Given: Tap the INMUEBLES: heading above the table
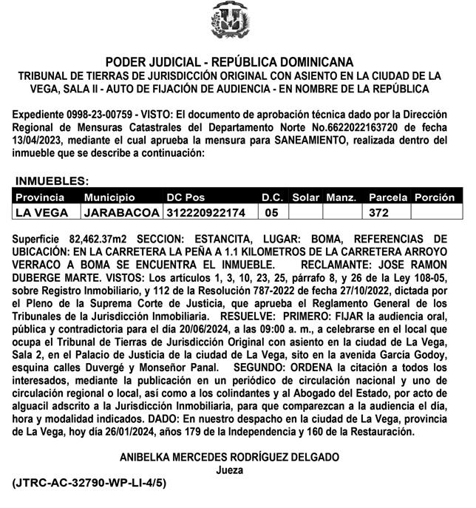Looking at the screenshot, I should pyautogui.click(x=52, y=180).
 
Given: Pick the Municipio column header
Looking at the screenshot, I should pyautogui.click(x=109, y=198).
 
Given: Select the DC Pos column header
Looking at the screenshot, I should pyautogui.click(x=185, y=198).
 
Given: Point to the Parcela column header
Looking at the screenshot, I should pyautogui.click(x=388, y=198).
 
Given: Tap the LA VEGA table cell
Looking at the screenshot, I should pyautogui.click(x=42, y=213).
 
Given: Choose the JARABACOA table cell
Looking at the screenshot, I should pyautogui.click(x=121, y=213).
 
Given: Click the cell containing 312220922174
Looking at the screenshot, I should pyautogui.click(x=205, y=213).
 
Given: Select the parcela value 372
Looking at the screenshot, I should pyautogui.click(x=379, y=213).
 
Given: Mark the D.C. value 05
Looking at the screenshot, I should pyautogui.click(x=271, y=213).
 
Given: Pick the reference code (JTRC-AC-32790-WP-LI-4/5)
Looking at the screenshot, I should pyautogui.click(x=89, y=483).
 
